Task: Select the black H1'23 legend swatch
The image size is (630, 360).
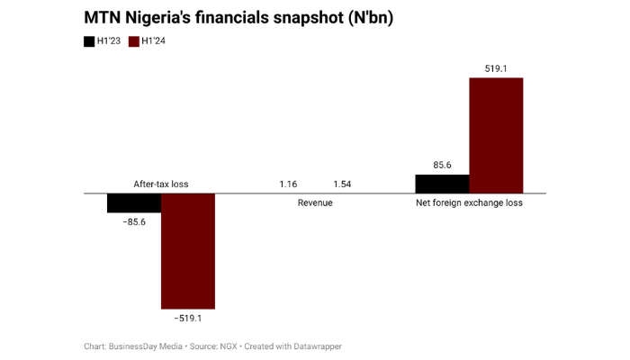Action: click(89, 41)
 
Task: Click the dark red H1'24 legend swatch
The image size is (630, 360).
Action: click(135, 41)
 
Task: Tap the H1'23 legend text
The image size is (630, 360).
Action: click(110, 41)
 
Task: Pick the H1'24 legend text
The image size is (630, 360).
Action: click(154, 41)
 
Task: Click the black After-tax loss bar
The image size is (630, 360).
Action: click(134, 202)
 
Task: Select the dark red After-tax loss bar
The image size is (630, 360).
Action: click(188, 251)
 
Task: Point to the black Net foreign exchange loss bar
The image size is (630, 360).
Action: click(442, 184)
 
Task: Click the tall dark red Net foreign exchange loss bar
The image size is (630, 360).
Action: click(496, 135)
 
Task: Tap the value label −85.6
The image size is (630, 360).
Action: click(134, 221)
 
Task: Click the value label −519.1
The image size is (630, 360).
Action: click(188, 318)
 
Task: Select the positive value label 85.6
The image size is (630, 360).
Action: click(442, 166)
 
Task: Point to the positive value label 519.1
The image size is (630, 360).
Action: click(496, 68)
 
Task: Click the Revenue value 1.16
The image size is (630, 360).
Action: click(288, 184)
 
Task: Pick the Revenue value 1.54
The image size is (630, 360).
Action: click(342, 184)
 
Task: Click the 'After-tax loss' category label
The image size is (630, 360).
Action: click(161, 184)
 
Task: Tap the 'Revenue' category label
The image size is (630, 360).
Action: click(315, 203)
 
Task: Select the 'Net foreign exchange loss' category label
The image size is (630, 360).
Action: click(469, 203)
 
